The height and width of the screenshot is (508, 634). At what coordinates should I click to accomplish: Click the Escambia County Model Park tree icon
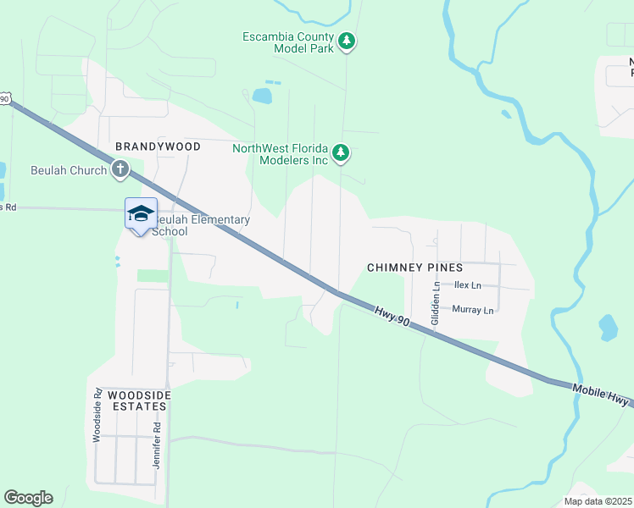[x=346, y=41]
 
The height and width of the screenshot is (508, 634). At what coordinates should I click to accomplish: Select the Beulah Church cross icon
[x=120, y=169]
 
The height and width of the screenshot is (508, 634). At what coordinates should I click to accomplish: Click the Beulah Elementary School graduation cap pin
[x=141, y=213]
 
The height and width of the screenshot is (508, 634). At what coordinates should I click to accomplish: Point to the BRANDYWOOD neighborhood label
[x=158, y=146]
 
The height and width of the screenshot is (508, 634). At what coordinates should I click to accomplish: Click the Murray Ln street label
[x=472, y=310]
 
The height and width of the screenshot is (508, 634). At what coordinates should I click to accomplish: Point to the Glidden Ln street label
[x=436, y=304]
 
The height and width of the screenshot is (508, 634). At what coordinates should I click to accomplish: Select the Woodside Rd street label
[x=97, y=416]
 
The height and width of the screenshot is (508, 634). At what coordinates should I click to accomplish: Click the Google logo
[x=28, y=498]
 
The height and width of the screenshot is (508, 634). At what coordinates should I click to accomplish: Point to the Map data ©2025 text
[x=597, y=501]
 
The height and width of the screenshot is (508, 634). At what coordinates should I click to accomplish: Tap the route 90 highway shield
[x=4, y=99]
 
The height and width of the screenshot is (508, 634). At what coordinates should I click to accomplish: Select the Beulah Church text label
[x=69, y=170]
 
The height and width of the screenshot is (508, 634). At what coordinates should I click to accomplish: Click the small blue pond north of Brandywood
[x=262, y=95]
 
